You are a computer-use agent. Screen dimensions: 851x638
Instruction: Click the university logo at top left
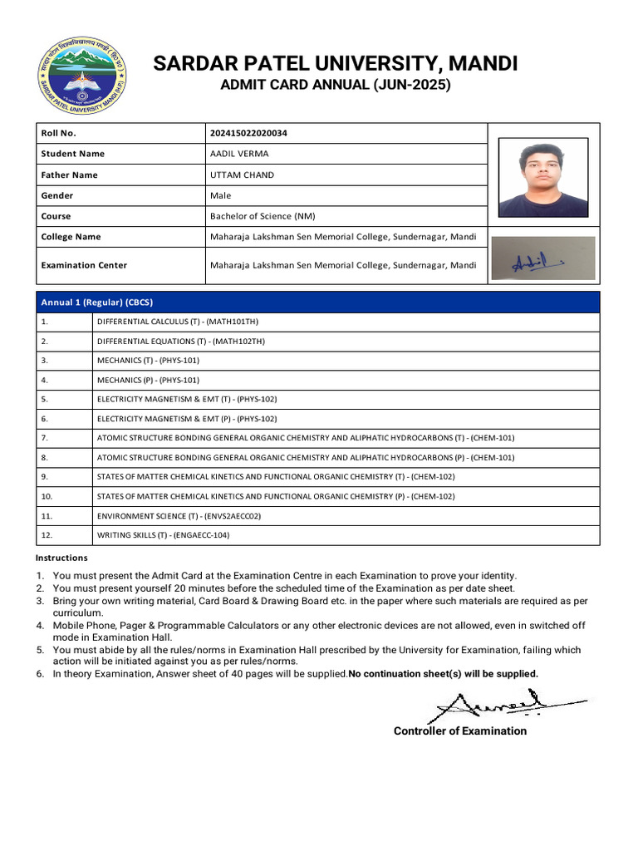click(81, 77)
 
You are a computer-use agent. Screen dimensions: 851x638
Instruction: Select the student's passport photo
click(542, 177)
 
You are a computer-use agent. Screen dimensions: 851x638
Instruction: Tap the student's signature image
click(542, 258)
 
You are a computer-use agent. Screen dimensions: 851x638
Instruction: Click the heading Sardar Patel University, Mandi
click(335, 63)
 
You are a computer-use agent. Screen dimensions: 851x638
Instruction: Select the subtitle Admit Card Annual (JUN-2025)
click(335, 85)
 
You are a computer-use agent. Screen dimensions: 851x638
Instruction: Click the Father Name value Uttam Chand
click(242, 175)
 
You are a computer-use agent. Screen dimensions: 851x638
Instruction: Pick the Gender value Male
click(221, 195)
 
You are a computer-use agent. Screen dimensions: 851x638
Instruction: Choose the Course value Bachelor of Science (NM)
click(263, 216)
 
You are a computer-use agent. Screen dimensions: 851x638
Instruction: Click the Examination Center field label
click(84, 265)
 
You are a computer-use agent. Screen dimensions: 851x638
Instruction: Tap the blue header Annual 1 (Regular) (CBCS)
click(97, 302)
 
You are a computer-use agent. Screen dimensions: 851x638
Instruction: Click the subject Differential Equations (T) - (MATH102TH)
click(181, 341)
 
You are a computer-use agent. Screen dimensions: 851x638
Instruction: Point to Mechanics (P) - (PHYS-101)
click(148, 380)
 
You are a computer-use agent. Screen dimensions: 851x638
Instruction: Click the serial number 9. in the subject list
click(45, 476)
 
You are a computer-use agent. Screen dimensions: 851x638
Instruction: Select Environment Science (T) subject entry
click(179, 515)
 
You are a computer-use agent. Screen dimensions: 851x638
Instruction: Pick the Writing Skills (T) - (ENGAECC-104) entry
click(163, 535)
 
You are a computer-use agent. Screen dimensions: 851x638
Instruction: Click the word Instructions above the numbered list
click(61, 558)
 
